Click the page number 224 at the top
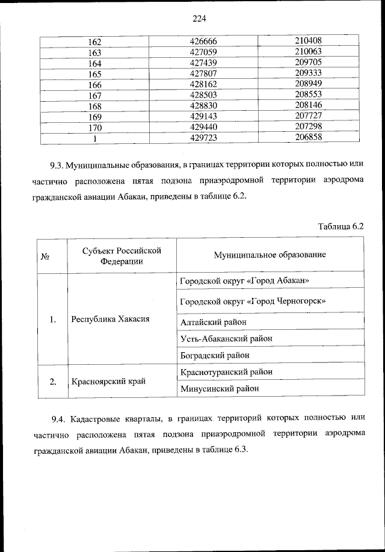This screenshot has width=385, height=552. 200,19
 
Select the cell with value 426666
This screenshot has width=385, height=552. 202,42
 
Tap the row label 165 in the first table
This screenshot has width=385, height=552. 94,73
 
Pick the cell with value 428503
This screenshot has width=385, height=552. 202,95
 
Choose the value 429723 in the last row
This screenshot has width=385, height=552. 202,138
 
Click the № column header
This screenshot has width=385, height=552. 45,255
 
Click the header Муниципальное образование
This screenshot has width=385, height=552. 269,255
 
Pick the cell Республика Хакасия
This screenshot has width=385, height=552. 110,319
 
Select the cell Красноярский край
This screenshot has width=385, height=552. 108,381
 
